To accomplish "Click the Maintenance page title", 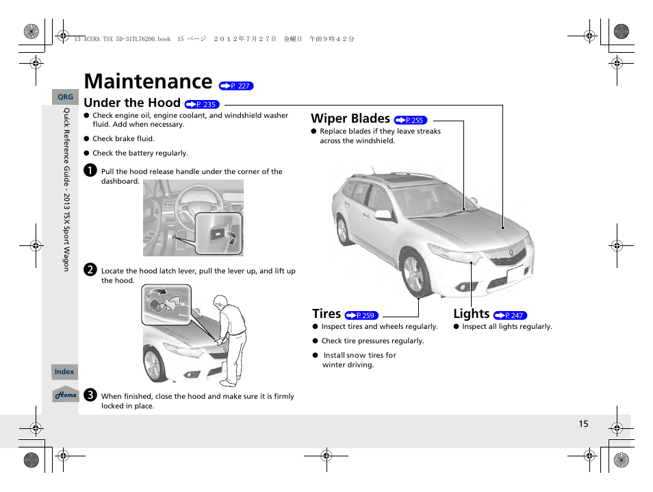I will point(147,82).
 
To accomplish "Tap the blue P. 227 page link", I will point(236,86).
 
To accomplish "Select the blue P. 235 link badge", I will point(201,105).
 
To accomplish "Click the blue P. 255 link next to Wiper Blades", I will point(411,121).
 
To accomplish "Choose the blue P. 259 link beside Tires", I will point(361,316).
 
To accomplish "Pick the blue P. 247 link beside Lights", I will point(510,316).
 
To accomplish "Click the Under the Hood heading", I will point(131,103).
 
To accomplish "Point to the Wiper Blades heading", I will point(350,119).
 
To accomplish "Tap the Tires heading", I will point(326,314).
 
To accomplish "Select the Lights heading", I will point(471,314).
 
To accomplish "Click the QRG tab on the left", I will point(65,97).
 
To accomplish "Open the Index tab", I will point(64,372).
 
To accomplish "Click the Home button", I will point(66,395).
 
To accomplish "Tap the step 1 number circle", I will point(89,171).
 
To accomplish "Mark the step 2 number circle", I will point(89,270).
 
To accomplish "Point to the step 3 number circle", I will point(89,395).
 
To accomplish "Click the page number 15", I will point(583,424).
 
